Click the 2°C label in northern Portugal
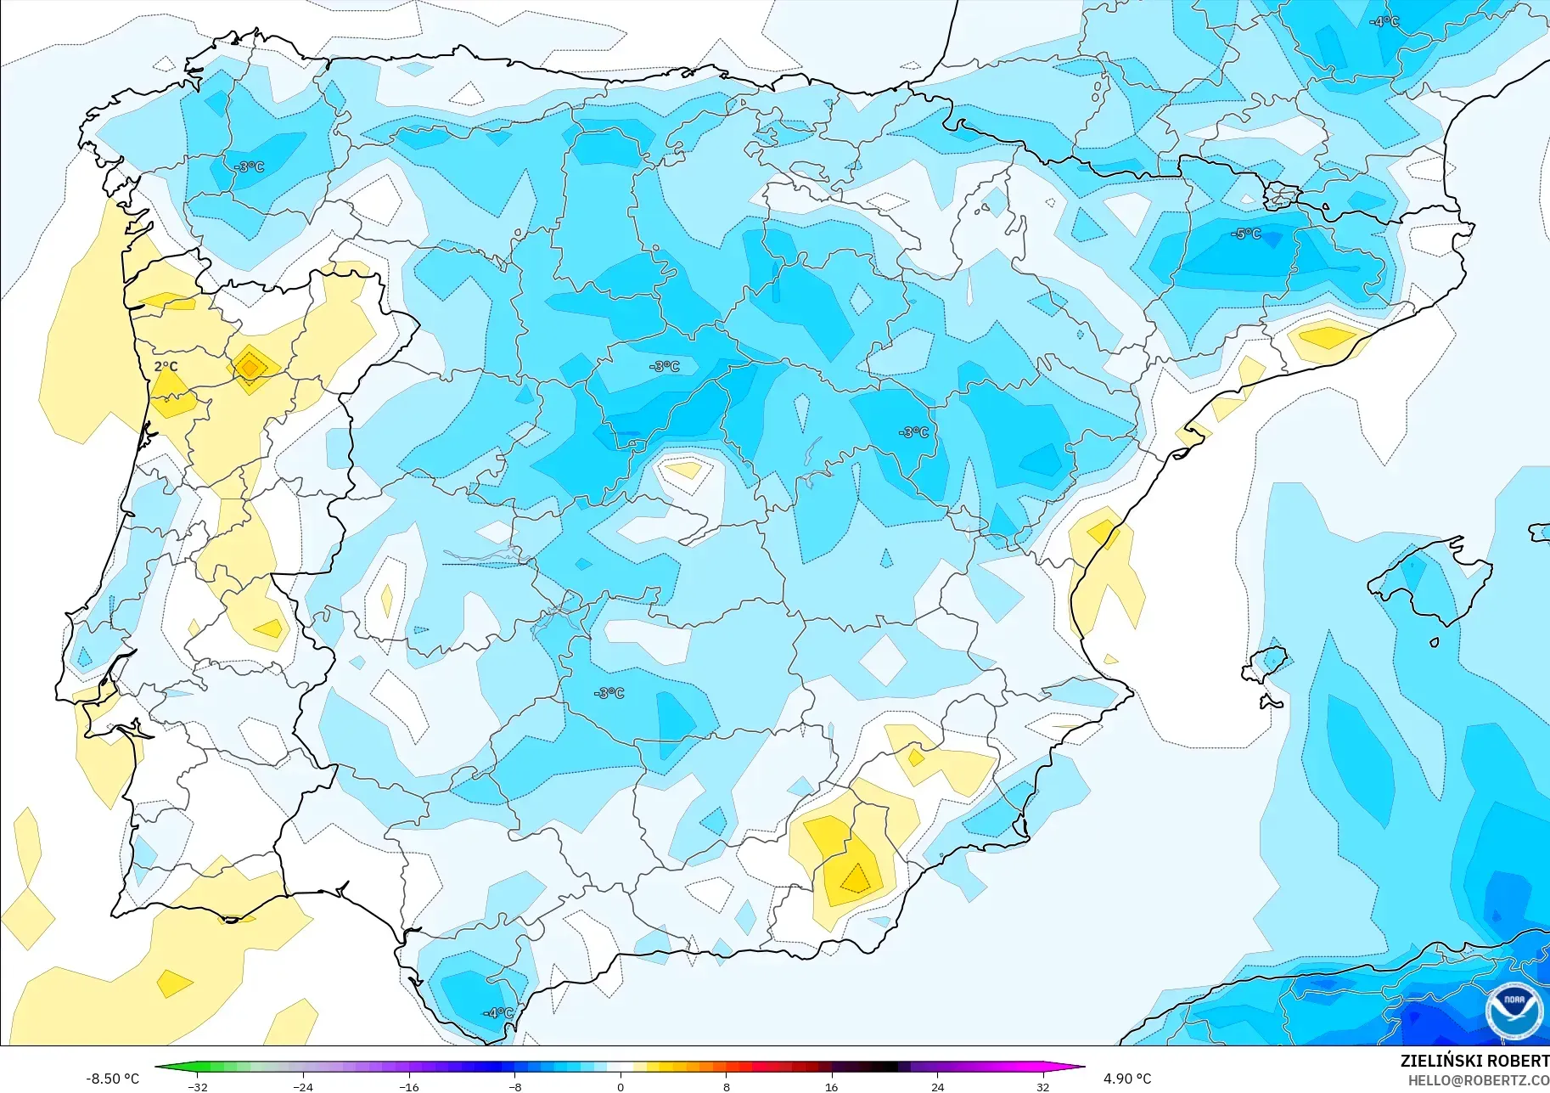166,367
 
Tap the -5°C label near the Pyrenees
1245,234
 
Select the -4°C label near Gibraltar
498,1012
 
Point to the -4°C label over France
1384,21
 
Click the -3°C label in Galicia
249,166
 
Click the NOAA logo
1514,1010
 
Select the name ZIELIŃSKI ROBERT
1474,1061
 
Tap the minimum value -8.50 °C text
112,1079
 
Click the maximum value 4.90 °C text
1127,1079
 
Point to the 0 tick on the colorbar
621,1086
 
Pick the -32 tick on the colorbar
197,1086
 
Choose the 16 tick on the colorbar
832,1086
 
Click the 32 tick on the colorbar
1043,1086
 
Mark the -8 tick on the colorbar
514,1086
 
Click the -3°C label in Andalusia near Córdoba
609,693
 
